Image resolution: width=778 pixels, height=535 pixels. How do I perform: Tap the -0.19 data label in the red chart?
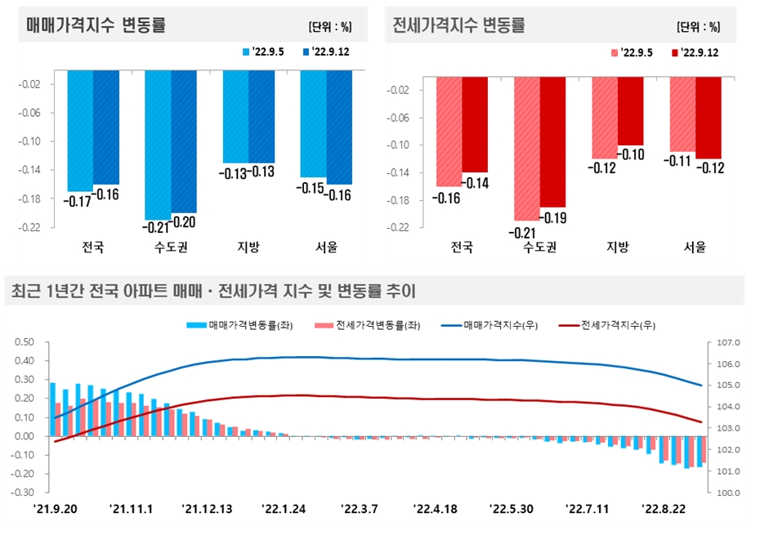(x=553, y=218)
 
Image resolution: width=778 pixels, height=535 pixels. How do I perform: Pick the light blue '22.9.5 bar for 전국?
(x=80, y=131)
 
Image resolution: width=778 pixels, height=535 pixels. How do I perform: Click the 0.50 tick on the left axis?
(x=25, y=342)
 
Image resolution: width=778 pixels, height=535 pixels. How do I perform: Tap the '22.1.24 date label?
(x=284, y=509)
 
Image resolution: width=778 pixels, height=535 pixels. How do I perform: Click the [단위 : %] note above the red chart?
(x=699, y=27)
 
